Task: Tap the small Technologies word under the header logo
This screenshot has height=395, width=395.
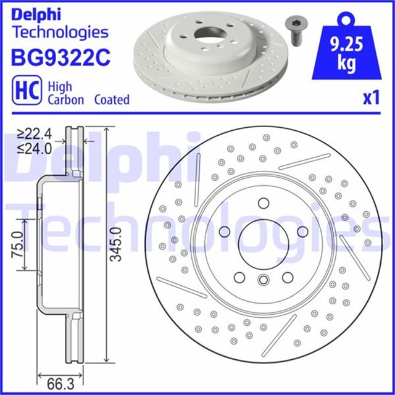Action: [60, 32]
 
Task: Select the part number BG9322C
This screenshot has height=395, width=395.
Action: [60, 57]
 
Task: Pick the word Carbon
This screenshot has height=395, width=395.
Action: [66, 99]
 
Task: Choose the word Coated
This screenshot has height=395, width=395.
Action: [112, 99]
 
